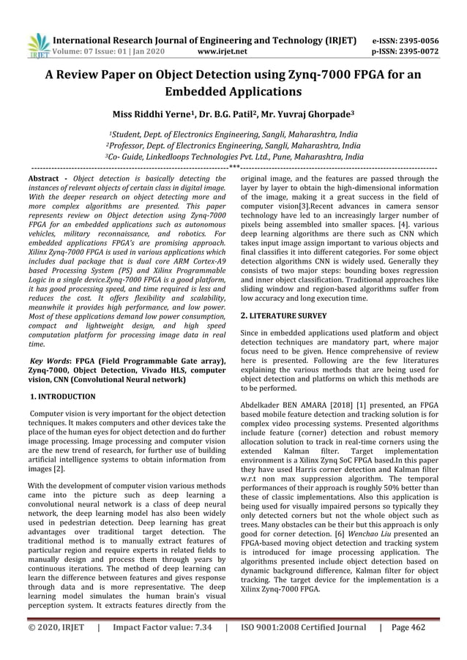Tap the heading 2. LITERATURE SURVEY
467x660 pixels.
click(284, 315)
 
